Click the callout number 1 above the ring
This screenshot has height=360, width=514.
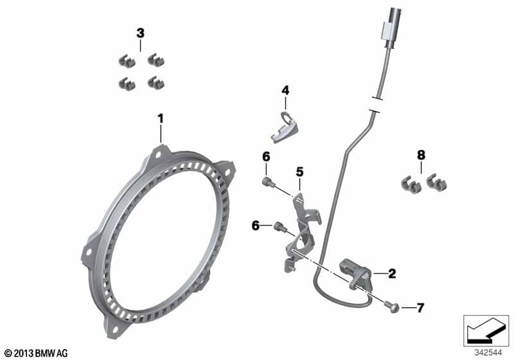(161, 119)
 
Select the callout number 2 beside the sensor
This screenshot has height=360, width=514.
(392, 273)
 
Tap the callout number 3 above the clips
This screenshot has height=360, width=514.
(140, 33)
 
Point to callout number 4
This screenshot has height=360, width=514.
(285, 90)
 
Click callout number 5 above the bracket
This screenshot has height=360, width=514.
(299, 172)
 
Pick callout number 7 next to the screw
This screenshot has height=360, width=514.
(420, 308)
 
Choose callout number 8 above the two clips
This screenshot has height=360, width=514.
(421, 155)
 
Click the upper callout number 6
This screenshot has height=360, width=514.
(266, 157)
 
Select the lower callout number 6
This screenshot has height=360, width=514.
(256, 226)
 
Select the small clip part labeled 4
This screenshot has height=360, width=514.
(285, 127)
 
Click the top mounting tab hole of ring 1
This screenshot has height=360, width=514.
(159, 154)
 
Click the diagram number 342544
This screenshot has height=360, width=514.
(488, 353)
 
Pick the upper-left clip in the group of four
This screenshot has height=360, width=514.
(127, 61)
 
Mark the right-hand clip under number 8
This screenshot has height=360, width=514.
(437, 183)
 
